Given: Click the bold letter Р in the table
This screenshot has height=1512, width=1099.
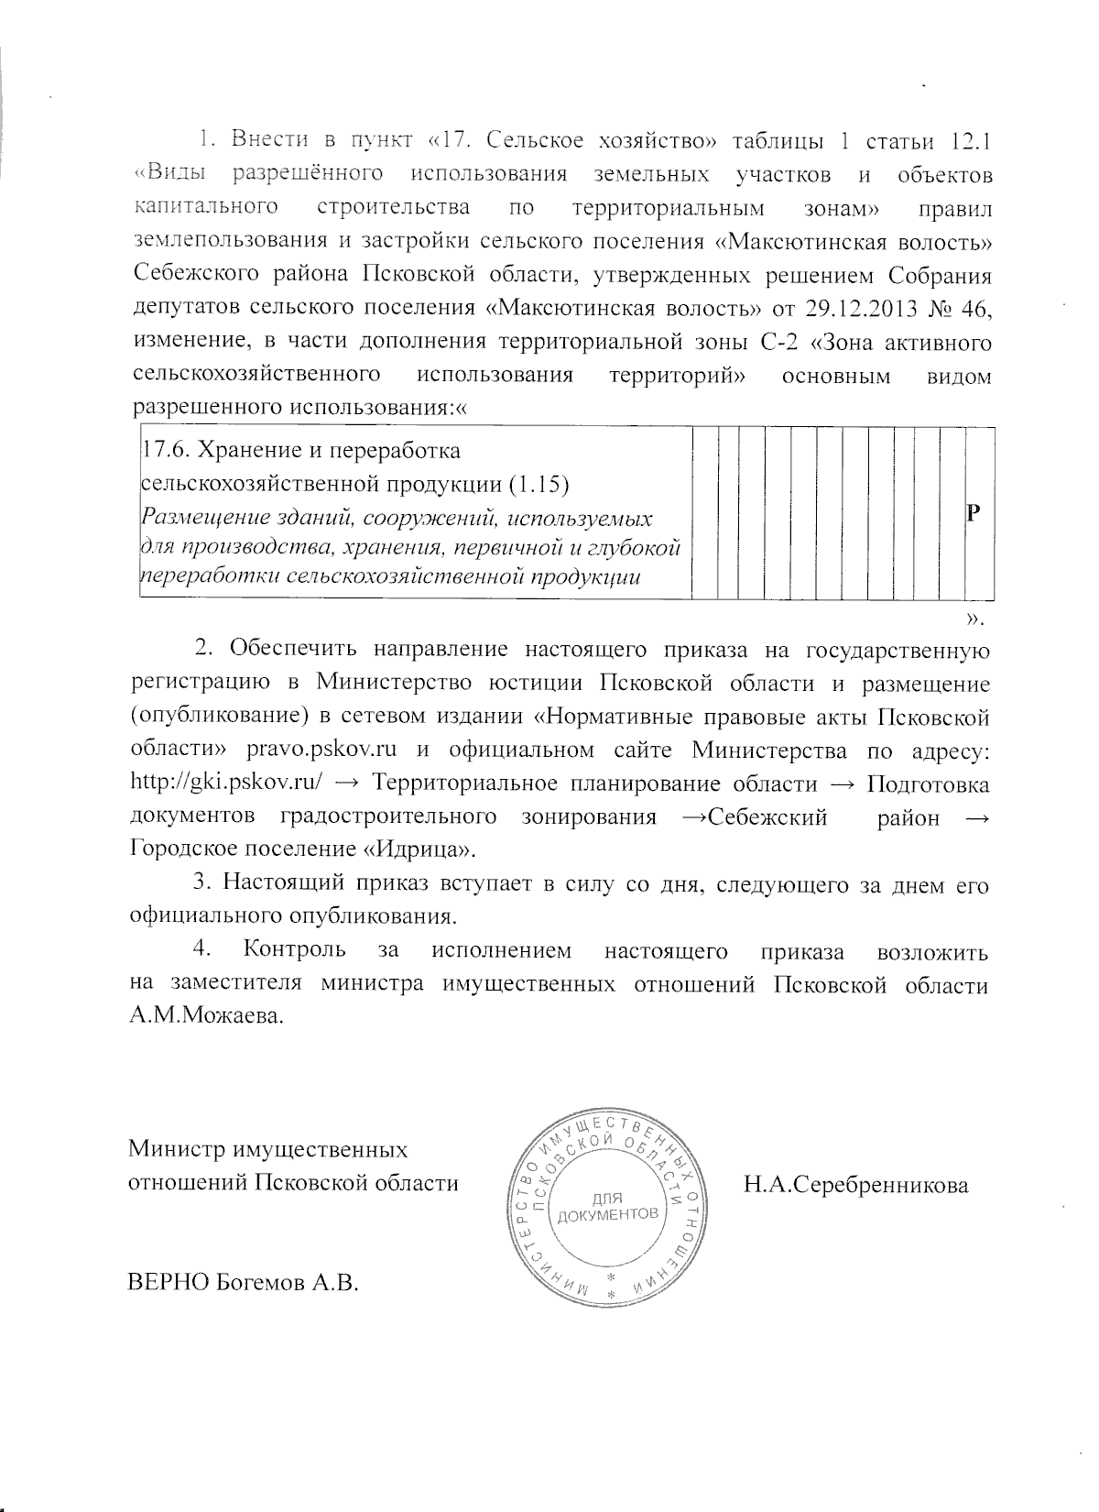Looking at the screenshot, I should pos(975,514).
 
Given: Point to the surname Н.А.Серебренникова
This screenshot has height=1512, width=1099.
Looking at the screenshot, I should pos(855,1186).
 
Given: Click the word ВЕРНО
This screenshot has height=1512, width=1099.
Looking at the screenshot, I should pos(168,1282).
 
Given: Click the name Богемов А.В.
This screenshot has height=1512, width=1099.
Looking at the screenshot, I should pos(285,1282).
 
